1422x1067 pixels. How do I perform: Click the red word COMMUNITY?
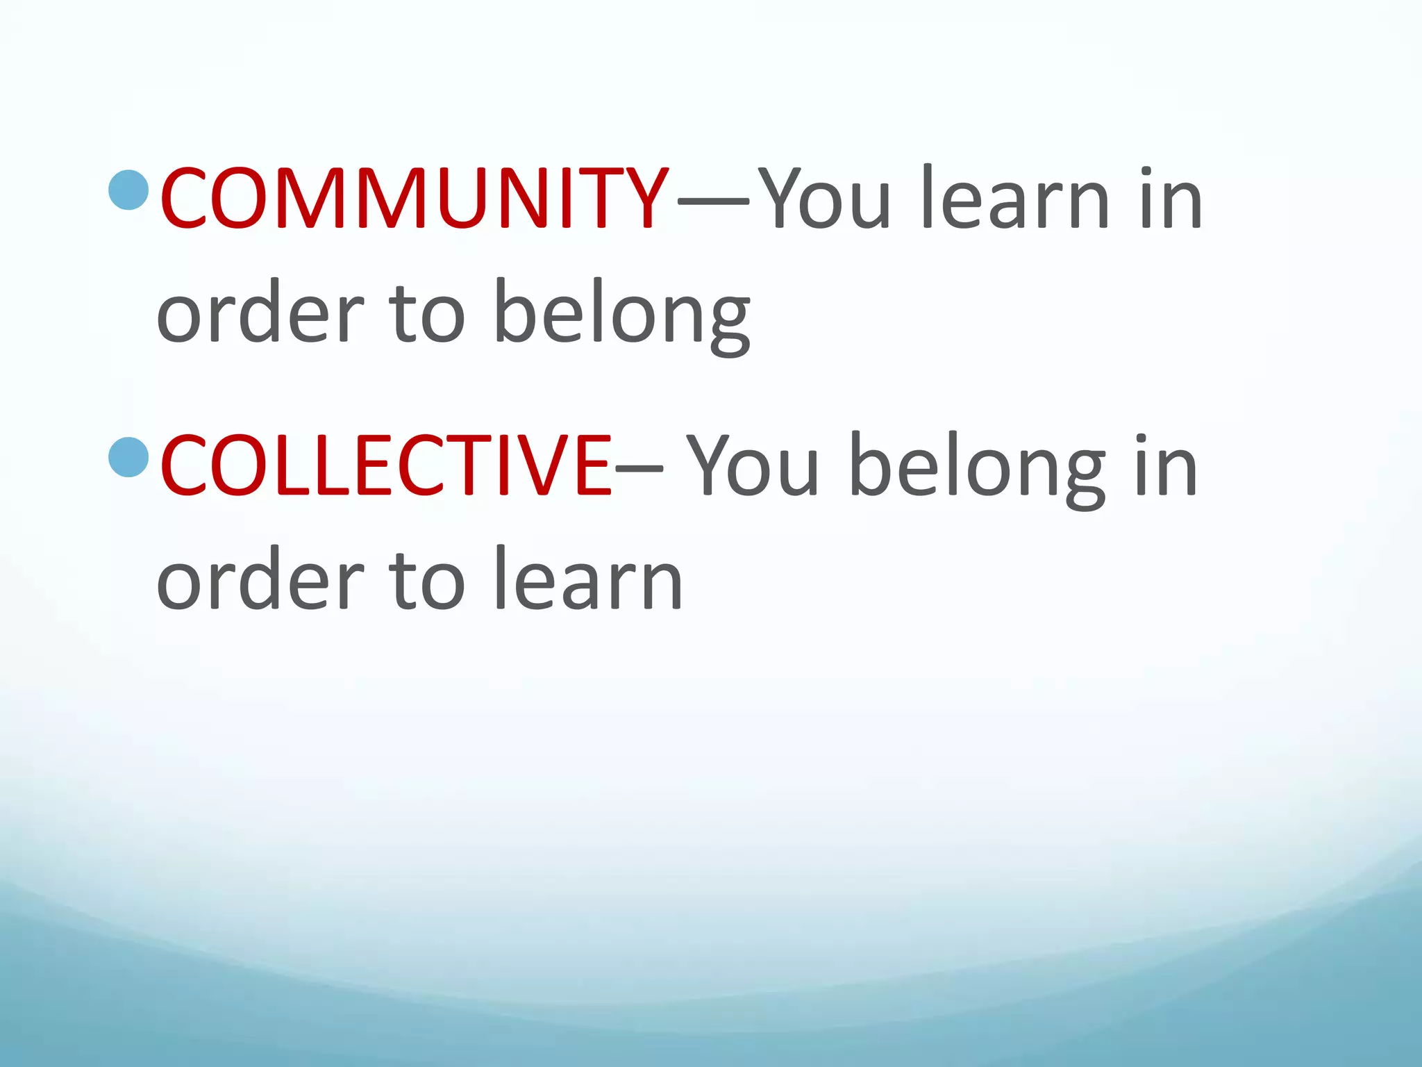point(414,199)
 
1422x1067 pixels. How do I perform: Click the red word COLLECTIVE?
point(385,465)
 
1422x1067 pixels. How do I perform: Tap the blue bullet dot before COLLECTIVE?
point(130,456)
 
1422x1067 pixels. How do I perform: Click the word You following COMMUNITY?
point(824,199)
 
